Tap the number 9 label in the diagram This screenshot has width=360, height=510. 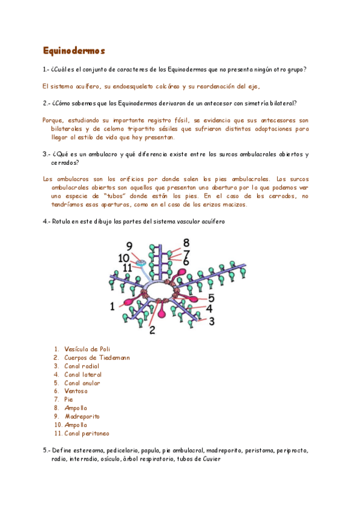(x=129, y=245)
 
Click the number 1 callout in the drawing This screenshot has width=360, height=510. (x=112, y=307)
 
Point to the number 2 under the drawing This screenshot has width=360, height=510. (x=153, y=330)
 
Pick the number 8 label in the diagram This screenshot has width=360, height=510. (x=186, y=242)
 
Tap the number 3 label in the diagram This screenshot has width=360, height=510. (x=211, y=321)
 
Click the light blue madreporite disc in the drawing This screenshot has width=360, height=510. (x=141, y=263)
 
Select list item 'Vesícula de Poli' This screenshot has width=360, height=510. (x=87, y=349)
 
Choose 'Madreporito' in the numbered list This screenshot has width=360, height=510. (x=82, y=416)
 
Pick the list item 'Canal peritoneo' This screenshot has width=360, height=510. (x=87, y=433)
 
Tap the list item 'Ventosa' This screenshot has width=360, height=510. (x=76, y=391)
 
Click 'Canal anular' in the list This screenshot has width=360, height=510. (x=82, y=382)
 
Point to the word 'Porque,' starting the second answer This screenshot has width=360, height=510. (x=55, y=120)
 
